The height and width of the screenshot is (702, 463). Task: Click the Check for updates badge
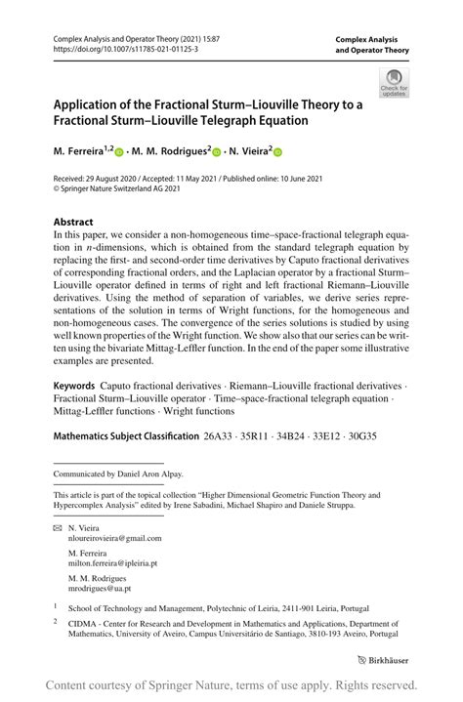point(397,83)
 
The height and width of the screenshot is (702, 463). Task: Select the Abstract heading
point(73,222)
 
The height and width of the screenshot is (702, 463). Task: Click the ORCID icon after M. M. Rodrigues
point(216,152)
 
